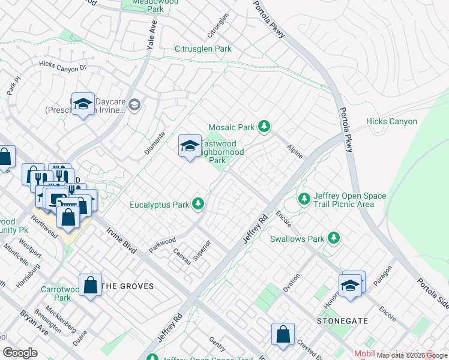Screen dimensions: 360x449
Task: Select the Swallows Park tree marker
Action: (333, 239)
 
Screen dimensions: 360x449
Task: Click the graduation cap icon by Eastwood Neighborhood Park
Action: (190, 146)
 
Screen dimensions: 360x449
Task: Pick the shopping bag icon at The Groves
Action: (91, 286)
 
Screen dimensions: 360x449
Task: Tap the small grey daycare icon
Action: (134, 105)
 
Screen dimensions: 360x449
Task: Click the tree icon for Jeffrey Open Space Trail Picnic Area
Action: (304, 199)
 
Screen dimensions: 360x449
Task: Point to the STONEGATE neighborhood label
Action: (342, 321)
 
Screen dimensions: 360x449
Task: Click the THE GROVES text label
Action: (127, 286)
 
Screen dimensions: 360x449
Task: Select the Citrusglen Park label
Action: (203, 49)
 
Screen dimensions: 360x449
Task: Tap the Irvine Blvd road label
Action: (121, 241)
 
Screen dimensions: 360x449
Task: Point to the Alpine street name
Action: (295, 151)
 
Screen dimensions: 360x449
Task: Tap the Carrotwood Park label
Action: (55, 293)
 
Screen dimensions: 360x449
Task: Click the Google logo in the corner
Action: (20, 352)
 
